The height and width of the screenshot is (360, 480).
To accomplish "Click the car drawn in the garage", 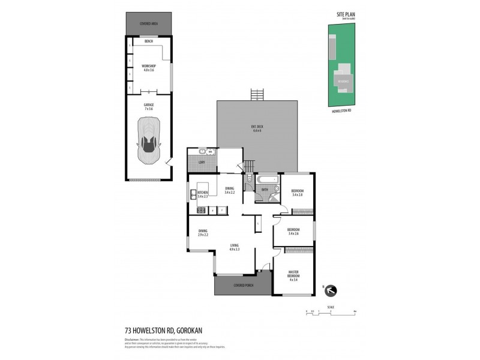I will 148,140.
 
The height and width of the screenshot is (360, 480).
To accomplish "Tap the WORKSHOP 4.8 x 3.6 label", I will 148,68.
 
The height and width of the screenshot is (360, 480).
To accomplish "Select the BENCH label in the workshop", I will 148,41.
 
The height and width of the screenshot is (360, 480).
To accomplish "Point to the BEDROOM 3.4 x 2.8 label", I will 298,193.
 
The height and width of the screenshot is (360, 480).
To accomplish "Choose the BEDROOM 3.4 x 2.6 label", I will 293,231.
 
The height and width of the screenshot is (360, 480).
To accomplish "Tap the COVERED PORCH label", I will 242,286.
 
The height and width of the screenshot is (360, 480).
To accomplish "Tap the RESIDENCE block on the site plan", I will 343,80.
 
